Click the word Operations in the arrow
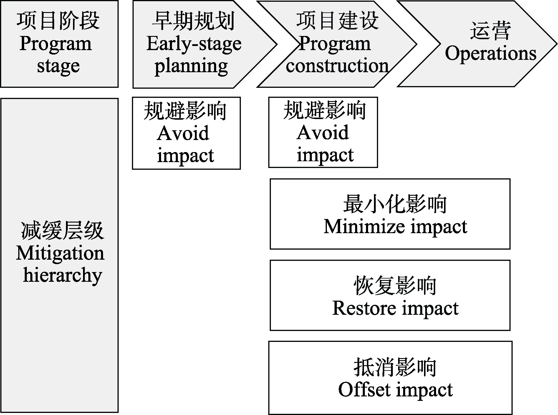[x=491, y=53]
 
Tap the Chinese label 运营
[x=490, y=31]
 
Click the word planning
[x=191, y=66]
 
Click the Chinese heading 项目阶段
[x=58, y=21]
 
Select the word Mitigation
[x=60, y=254]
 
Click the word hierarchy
[x=62, y=275]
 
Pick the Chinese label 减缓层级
[x=62, y=230]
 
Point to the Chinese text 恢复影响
[x=395, y=286]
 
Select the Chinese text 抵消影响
[x=395, y=367]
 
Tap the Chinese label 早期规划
[x=193, y=21]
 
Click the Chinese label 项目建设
[x=337, y=21]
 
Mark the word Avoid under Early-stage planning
[x=183, y=134]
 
